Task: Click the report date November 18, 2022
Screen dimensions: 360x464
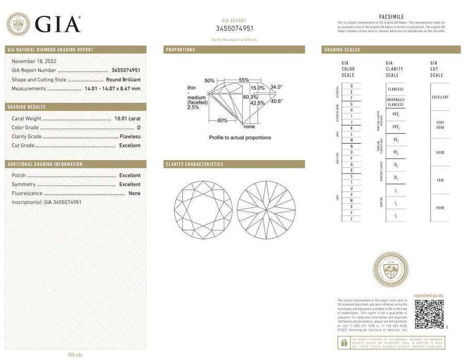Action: coord(34,61)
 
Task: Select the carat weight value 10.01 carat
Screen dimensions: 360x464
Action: coord(127,119)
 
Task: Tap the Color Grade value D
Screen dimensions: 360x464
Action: coord(139,128)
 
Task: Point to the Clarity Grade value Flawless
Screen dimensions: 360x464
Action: coord(130,136)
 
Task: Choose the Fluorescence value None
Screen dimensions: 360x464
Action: coord(135,193)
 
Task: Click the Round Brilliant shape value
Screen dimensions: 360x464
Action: coord(123,80)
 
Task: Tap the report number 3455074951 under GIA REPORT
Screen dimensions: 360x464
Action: coord(235,28)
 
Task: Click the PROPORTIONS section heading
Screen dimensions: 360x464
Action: coord(180,50)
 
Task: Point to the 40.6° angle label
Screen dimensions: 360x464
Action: coord(277,101)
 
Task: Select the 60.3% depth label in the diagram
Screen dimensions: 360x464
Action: coord(250,97)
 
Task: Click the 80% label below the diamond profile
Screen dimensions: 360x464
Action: coord(222,121)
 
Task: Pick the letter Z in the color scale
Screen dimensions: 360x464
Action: coord(351,219)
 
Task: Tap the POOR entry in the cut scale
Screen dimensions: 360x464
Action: coord(440,208)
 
